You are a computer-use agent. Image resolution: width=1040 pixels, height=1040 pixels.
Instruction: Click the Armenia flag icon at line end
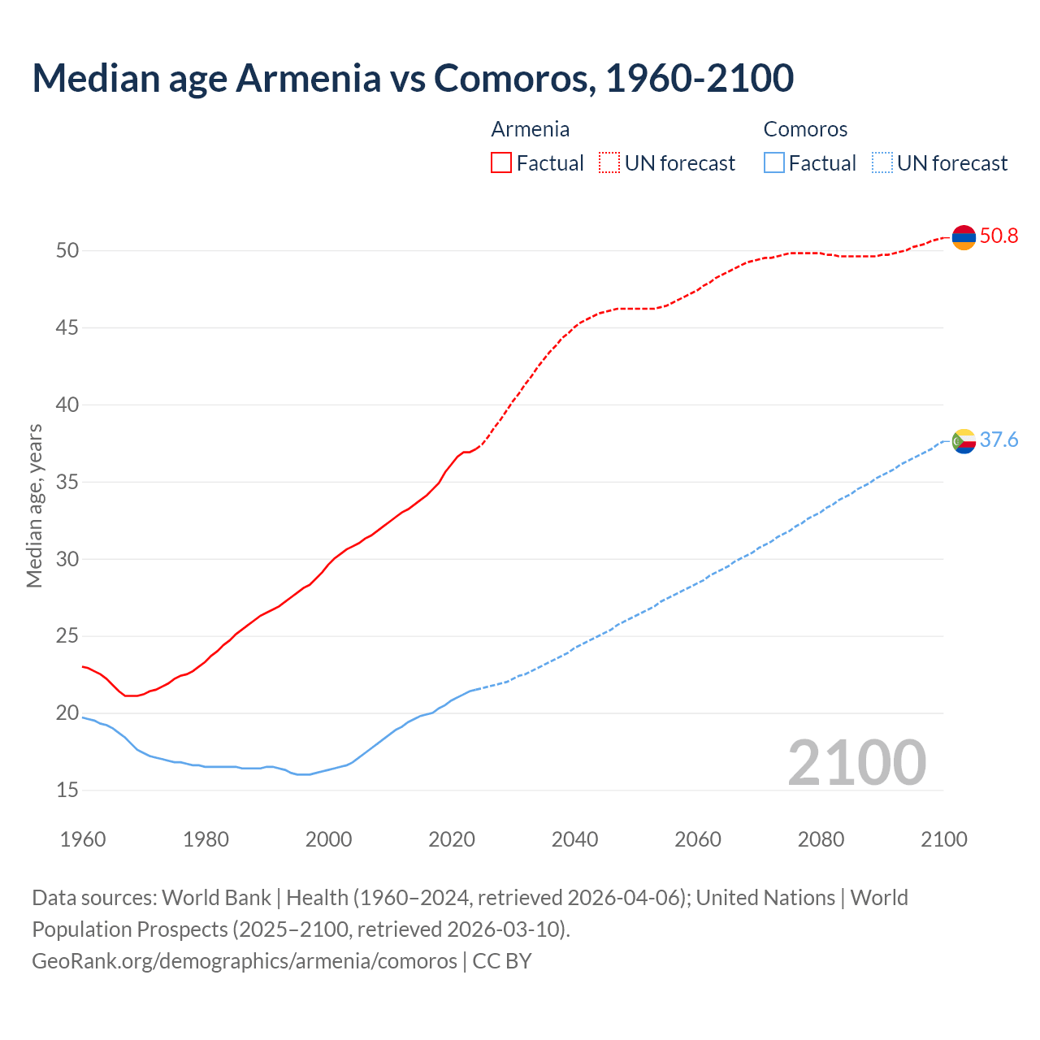coord(964,237)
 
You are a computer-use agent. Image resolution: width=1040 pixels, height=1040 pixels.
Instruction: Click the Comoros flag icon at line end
coord(964,441)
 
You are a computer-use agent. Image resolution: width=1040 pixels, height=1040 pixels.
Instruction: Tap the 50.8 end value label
coord(999,236)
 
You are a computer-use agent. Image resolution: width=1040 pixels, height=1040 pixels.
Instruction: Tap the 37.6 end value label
coord(999,440)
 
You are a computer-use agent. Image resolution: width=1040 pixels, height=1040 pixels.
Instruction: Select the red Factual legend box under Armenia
coord(501,162)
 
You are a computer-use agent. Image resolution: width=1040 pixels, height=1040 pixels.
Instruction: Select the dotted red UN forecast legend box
coord(609,162)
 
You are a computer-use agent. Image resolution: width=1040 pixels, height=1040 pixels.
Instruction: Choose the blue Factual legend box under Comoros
coord(774,162)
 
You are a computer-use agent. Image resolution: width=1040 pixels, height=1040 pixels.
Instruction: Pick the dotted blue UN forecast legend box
coord(882,162)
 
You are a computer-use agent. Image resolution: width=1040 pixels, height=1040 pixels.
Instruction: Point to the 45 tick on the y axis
coord(67,328)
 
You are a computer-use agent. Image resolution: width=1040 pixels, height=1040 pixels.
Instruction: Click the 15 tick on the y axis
coord(67,791)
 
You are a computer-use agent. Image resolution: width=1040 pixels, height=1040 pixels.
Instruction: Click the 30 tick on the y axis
coord(67,559)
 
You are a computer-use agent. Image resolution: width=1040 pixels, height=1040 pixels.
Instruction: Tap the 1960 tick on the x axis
coord(83,839)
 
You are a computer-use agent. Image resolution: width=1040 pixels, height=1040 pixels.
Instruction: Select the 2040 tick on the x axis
coord(574,839)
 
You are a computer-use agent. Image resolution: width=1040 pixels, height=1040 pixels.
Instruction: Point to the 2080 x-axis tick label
coord(821,839)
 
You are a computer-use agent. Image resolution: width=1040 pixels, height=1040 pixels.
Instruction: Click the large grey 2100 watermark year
coord(856,762)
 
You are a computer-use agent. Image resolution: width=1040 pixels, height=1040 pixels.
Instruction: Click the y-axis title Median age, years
coord(34,505)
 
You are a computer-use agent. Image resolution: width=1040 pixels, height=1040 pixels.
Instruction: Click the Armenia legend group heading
coord(530,129)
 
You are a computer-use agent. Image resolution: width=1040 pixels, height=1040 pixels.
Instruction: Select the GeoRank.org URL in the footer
coord(244,961)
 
